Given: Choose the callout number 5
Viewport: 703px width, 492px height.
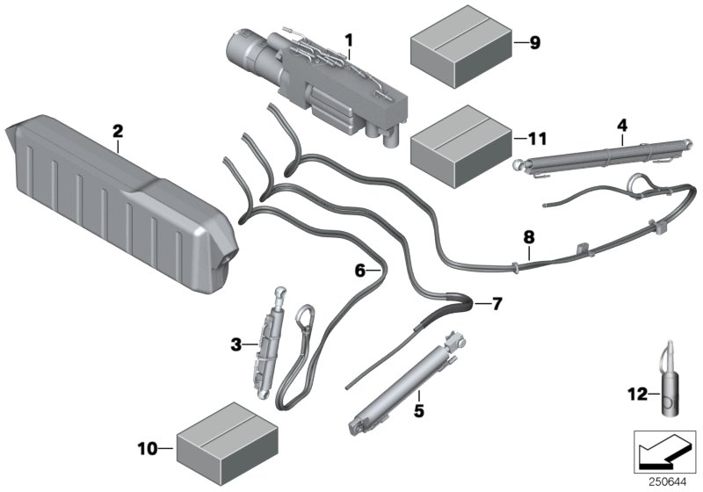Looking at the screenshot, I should (x=419, y=409).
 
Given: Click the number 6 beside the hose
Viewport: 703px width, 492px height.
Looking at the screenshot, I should (x=359, y=271).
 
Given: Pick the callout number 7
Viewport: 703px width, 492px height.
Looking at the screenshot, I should (x=496, y=304).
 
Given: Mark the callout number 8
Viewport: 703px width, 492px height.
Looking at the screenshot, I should (x=528, y=235).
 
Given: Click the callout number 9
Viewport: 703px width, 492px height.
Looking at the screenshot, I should (x=535, y=42).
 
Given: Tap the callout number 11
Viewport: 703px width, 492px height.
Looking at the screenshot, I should (x=537, y=138).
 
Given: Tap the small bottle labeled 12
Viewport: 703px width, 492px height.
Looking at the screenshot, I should (x=670, y=393).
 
